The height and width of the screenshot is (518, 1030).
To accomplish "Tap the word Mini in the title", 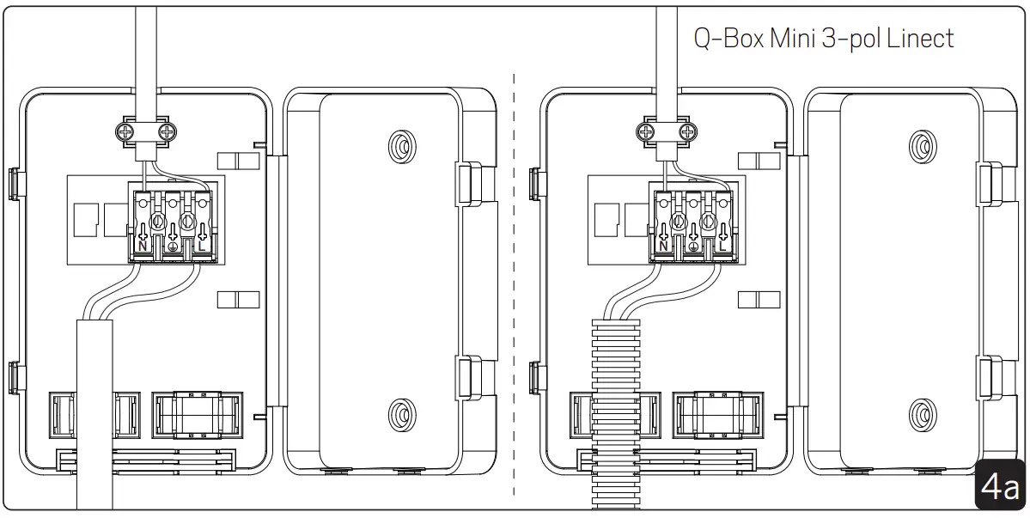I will tap(798, 39).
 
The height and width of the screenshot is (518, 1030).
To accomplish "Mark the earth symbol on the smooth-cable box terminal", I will tap(173, 247).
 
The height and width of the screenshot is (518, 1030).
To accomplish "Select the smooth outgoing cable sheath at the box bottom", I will tap(94, 412).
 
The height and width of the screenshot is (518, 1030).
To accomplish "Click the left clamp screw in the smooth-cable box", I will tap(124, 131).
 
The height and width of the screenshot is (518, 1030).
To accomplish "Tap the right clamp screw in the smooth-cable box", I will tap(168, 131).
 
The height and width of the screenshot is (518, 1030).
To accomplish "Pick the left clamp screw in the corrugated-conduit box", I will tap(644, 131).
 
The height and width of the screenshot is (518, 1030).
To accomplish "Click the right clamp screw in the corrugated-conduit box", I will tap(687, 131).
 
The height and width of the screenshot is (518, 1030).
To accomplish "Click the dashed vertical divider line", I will tap(514, 283).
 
